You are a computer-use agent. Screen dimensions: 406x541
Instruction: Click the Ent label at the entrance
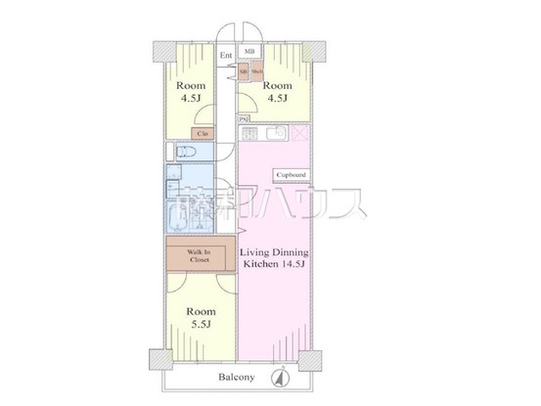pos(226,56)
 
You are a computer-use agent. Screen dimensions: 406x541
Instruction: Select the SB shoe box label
pos(244,72)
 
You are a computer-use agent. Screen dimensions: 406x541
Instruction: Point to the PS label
pos(242,120)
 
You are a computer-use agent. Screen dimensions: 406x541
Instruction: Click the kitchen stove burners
pos(248,133)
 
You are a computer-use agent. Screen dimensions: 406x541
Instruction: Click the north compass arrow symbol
pos(280,377)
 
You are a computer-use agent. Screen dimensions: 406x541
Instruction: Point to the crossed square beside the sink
pos(299,133)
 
